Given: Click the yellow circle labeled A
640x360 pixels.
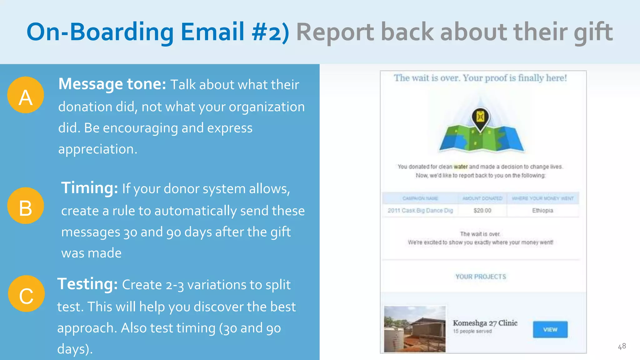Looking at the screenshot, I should click(x=26, y=95).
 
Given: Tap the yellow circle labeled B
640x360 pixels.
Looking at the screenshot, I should click(x=26, y=206).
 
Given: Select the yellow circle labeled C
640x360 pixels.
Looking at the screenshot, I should click(x=26, y=294).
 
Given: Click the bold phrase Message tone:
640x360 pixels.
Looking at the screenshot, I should click(x=112, y=84).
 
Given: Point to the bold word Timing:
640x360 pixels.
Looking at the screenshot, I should click(x=89, y=188).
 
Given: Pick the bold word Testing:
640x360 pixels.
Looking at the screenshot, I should click(x=87, y=284).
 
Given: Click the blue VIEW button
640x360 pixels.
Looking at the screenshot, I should click(x=550, y=329).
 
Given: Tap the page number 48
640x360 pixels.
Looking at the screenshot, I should click(x=622, y=346).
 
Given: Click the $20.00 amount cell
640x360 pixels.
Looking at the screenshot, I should click(x=482, y=211).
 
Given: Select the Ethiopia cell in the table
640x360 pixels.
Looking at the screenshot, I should click(x=542, y=211).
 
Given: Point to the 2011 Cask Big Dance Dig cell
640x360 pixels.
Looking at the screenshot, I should click(x=420, y=211).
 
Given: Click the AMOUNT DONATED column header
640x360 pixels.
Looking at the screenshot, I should click(x=482, y=198).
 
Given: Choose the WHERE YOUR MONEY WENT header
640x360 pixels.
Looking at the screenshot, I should click(x=542, y=198).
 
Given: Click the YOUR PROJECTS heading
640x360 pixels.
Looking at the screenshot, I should click(x=480, y=277).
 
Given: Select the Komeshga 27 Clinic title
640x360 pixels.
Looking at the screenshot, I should click(x=485, y=323).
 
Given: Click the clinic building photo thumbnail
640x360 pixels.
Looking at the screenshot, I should click(x=415, y=329).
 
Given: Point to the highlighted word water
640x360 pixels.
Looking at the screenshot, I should click(x=461, y=167).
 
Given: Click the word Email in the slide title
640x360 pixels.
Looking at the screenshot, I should click(x=212, y=32).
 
